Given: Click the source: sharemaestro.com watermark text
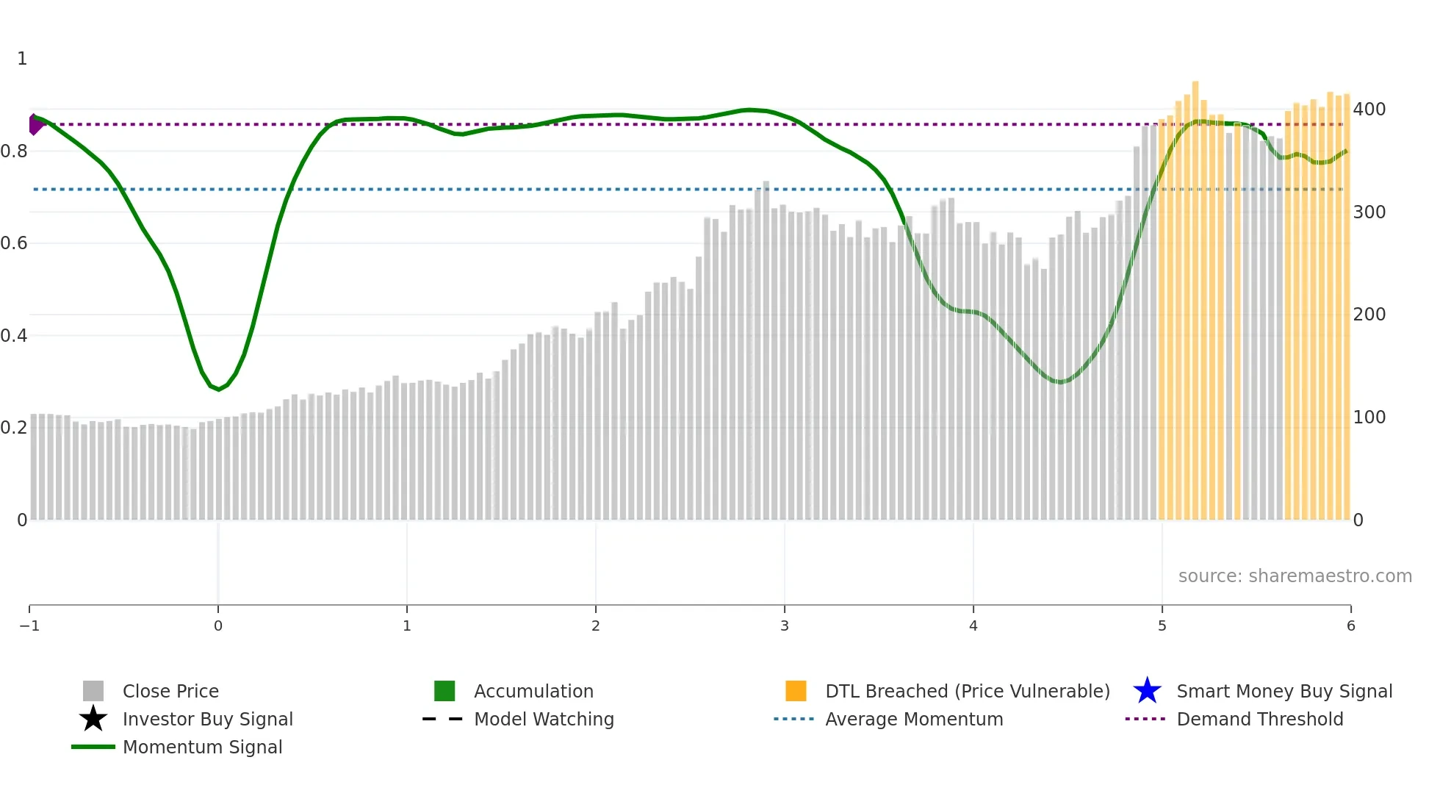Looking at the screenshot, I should pyautogui.click(x=1295, y=576).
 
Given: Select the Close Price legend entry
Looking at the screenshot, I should pyautogui.click(x=170, y=691).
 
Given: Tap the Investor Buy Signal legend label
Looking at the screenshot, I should pyautogui.click(x=207, y=719).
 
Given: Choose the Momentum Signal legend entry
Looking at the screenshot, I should pyautogui.click(x=202, y=747).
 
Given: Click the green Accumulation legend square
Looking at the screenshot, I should pyautogui.click(x=444, y=691).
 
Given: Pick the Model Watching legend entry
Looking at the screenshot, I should pyautogui.click(x=544, y=719).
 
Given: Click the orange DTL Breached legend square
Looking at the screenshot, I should pyautogui.click(x=796, y=691).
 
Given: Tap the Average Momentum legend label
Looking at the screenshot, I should pyautogui.click(x=914, y=719).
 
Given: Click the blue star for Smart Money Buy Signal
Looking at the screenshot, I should pyautogui.click(x=1147, y=691).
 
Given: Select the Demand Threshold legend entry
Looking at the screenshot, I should pyautogui.click(x=1259, y=719).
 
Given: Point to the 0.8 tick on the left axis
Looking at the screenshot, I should pyautogui.click(x=14, y=151).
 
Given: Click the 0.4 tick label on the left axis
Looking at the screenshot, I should pyautogui.click(x=14, y=336).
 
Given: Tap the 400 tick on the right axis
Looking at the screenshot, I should pyautogui.click(x=1369, y=110).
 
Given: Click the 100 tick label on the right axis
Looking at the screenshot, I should pyautogui.click(x=1369, y=417).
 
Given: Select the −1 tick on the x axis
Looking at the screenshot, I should pyautogui.click(x=29, y=626).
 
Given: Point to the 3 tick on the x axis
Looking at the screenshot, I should pyautogui.click(x=785, y=626).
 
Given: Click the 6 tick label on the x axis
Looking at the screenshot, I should pyautogui.click(x=1350, y=626).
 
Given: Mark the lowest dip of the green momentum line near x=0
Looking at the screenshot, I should pyautogui.click(x=218, y=389).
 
